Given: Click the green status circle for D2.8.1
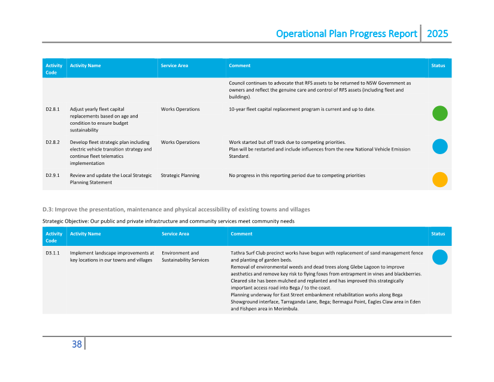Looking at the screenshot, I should click(x=440, y=113).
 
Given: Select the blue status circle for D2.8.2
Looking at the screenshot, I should click(x=440, y=146).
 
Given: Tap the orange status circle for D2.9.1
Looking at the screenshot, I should click(x=440, y=179).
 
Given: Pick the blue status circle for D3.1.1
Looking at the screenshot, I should click(x=440, y=257).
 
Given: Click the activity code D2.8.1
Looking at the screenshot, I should click(x=52, y=109).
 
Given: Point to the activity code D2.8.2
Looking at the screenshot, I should click(x=52, y=142).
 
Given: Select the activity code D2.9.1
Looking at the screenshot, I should click(x=52, y=175).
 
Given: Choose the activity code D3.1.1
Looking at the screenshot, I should click(x=52, y=253).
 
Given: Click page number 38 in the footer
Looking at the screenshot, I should click(x=77, y=344).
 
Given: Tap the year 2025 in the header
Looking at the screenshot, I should click(x=437, y=34).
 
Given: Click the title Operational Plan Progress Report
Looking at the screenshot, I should click(x=346, y=34).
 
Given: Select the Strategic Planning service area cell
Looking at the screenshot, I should click(x=180, y=175).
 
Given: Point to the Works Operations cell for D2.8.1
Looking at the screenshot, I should click(x=180, y=109).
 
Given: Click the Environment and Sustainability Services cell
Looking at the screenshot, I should click(x=185, y=257).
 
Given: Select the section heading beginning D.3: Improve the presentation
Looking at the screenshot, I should click(x=176, y=209).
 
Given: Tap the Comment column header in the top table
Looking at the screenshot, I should click(x=240, y=65).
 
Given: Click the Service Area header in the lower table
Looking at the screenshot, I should click(x=175, y=234).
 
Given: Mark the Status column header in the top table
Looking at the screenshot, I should click(x=438, y=65).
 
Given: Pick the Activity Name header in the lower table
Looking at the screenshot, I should click(x=85, y=234).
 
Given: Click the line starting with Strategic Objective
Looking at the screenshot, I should click(x=168, y=221).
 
